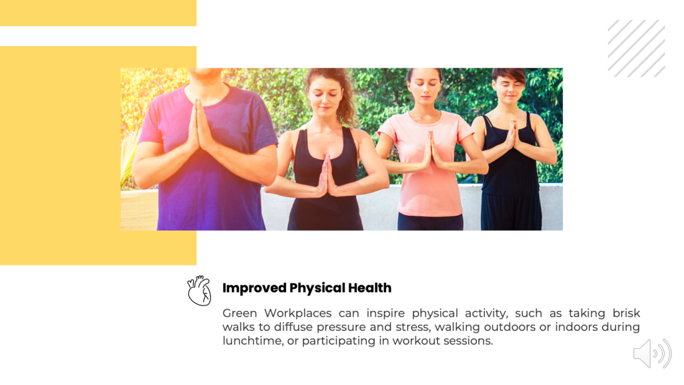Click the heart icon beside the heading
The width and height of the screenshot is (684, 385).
[x=199, y=290]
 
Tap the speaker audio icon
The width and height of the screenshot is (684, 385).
[x=652, y=353]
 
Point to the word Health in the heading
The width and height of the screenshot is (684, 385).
[x=369, y=287]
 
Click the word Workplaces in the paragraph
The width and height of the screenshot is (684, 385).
[x=297, y=313]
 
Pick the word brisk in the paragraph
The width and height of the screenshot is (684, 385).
[x=626, y=313]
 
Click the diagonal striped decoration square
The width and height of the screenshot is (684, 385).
[x=637, y=48]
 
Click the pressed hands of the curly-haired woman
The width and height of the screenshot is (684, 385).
[x=327, y=175]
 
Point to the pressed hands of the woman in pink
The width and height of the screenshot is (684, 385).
[x=431, y=150]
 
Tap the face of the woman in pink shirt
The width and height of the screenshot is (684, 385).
[x=424, y=86]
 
